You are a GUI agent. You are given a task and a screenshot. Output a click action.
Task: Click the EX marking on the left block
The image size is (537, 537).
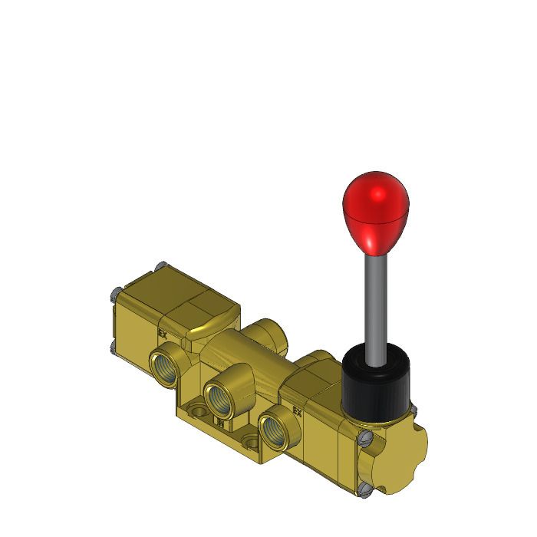tap(163, 333)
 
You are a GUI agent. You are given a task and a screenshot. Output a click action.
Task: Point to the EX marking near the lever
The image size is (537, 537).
tap(297, 411)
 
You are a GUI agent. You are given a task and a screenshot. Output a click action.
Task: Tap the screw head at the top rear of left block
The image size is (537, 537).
tap(159, 268)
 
